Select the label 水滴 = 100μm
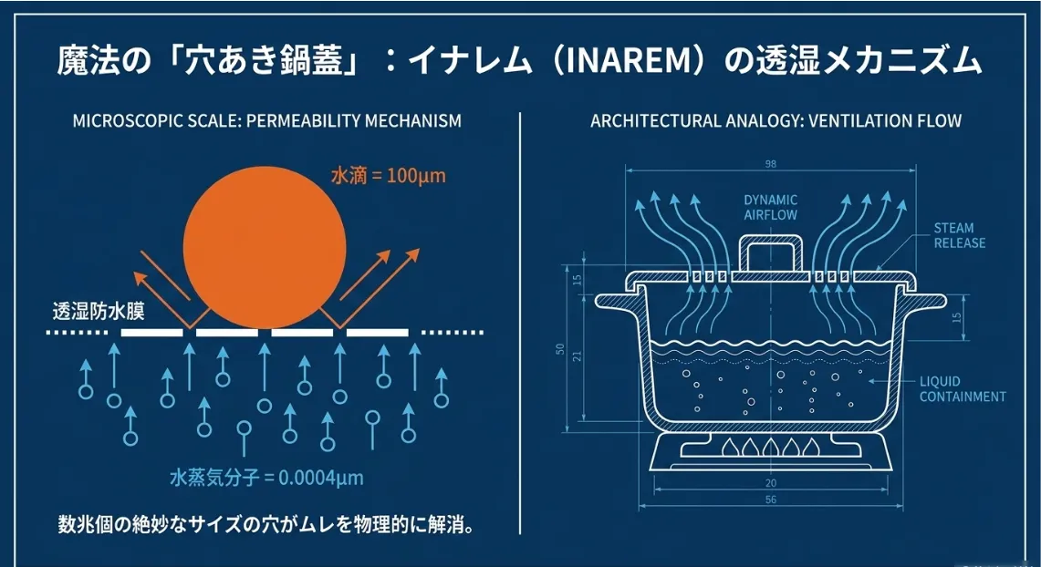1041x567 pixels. (388, 176)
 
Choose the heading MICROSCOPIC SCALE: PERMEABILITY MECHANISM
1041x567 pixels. (266, 121)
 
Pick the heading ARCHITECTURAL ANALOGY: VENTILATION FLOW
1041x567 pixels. (776, 121)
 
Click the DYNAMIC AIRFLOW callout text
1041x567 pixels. (771, 208)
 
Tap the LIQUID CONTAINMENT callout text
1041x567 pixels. (963, 389)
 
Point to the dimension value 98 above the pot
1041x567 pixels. (770, 164)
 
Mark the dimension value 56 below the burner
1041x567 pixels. (771, 500)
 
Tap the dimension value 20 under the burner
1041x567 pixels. (771, 483)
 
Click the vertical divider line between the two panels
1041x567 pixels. (520, 319)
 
